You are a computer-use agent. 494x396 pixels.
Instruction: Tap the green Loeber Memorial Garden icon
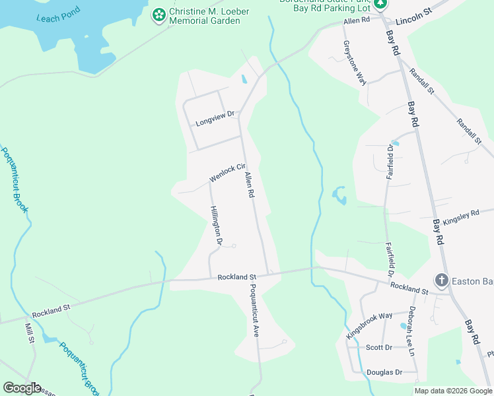coord(159,15)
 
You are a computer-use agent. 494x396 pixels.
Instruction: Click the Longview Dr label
coord(215,119)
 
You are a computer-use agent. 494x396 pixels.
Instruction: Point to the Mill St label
coord(30,333)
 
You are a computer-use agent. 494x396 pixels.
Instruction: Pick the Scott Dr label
coord(378,347)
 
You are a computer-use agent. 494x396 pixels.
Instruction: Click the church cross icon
coord(441,280)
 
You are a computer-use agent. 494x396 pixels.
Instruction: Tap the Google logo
coord(22,387)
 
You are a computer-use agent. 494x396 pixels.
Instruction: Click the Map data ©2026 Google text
coord(453,391)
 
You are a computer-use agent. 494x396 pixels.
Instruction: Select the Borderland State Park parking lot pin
coord(380,5)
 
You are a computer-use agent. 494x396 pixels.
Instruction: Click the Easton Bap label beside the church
coord(472,281)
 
